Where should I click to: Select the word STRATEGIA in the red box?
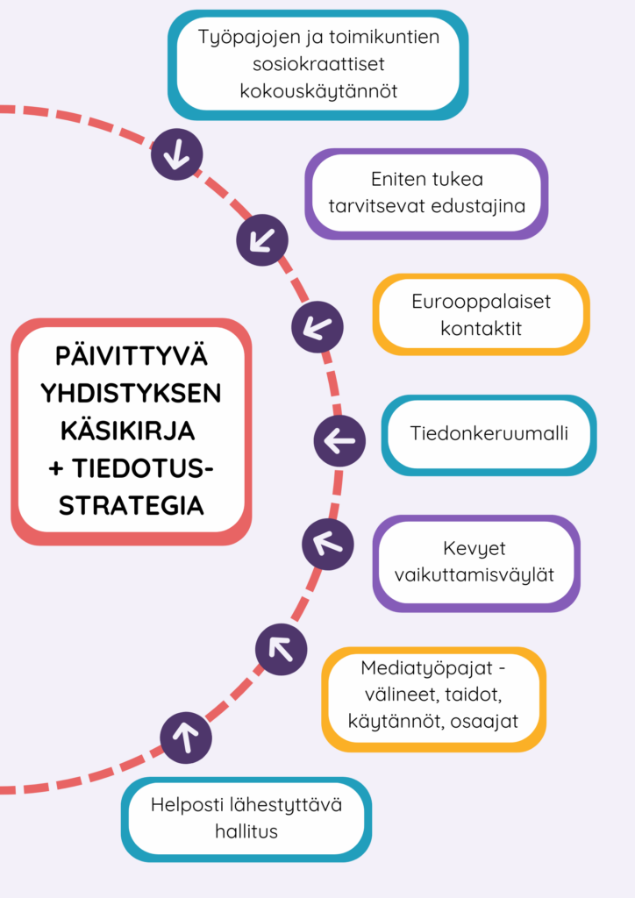[x=131, y=505]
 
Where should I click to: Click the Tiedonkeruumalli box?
[x=489, y=434]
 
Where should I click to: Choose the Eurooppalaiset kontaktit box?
[x=481, y=315]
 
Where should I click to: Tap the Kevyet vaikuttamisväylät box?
[x=475, y=562]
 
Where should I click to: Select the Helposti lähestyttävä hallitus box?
[x=246, y=818]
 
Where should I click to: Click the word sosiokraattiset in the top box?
[x=318, y=64]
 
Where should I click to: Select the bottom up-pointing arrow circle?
[x=186, y=738]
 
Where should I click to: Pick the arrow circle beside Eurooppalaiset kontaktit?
[x=317, y=327]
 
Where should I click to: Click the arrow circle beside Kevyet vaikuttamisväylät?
[x=328, y=545]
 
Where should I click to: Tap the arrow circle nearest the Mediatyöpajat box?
[x=281, y=649]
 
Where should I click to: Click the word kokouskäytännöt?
[x=318, y=90]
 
